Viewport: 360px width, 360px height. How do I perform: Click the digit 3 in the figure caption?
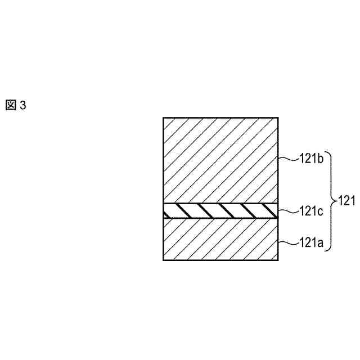23,105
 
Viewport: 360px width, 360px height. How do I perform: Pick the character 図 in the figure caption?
12,105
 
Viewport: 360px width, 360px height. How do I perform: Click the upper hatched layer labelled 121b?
220,160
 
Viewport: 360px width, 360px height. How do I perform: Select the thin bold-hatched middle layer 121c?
220,211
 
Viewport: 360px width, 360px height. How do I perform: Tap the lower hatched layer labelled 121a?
220,239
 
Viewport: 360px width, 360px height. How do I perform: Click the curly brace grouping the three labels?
331,200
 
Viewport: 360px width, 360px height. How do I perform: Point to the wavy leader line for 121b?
288,159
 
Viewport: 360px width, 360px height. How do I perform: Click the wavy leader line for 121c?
288,211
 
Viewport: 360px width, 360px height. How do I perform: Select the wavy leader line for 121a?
288,243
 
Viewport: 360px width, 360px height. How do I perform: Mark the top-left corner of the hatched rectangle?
163,118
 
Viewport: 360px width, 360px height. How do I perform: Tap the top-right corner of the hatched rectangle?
278,118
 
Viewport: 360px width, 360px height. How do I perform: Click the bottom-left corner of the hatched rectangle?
163,260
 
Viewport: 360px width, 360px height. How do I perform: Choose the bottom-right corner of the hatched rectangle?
278,260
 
